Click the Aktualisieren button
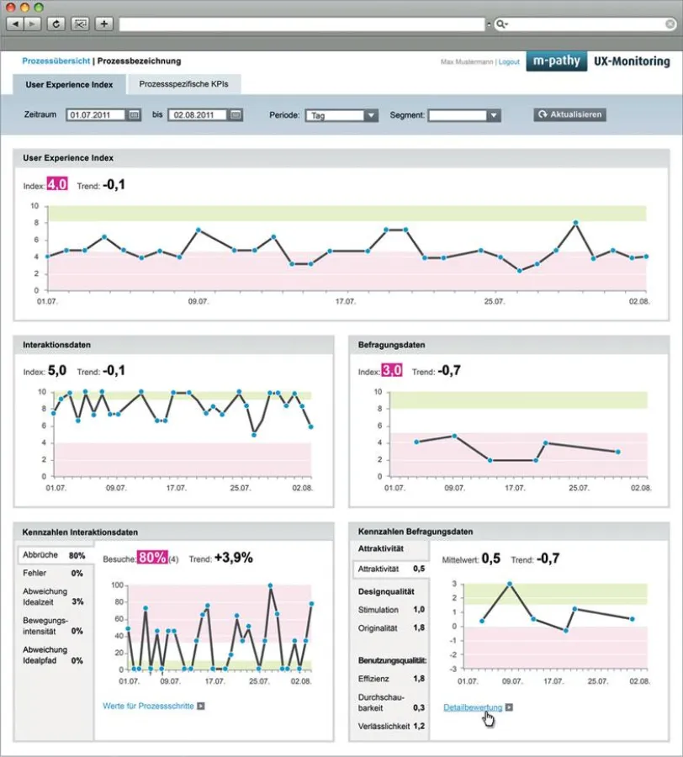point(569,114)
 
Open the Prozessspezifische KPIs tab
point(183,85)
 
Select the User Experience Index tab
point(70,85)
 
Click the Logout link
point(509,62)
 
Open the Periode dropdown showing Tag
point(341,115)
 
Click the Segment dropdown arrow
point(494,115)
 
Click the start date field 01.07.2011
point(97,115)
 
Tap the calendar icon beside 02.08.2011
point(236,115)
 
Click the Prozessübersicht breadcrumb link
point(56,61)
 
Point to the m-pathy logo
point(557,61)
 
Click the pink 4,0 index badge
point(57,184)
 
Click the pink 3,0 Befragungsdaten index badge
point(391,370)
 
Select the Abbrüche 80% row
point(54,556)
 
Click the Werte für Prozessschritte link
point(149,706)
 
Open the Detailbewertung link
point(473,707)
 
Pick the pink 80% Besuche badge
point(152,557)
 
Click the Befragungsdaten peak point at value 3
point(510,584)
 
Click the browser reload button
point(56,24)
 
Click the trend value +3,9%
point(233,557)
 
